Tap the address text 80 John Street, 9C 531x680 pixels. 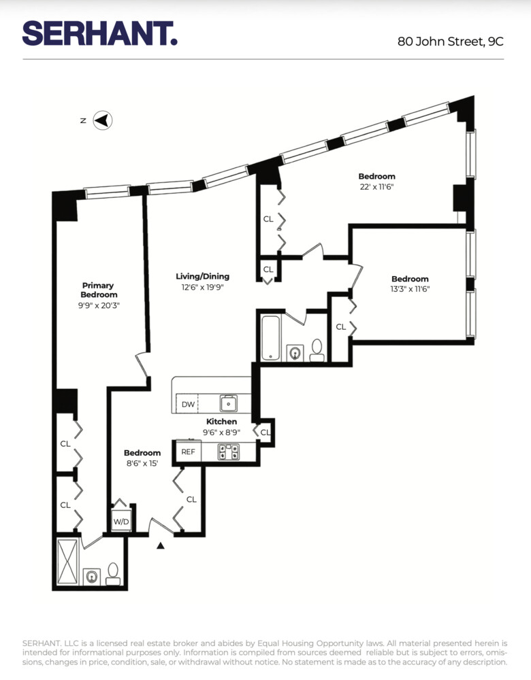click(451, 41)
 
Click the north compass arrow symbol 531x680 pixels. click(102, 120)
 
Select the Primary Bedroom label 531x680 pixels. click(98, 290)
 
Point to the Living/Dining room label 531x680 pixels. click(202, 276)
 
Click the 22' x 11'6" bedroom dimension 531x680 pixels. click(376, 186)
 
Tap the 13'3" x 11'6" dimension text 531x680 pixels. click(410, 288)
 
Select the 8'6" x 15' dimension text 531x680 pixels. click(142, 463)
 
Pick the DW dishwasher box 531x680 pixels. click(188, 405)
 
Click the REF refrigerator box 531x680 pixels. click(189, 451)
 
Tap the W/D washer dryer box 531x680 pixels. click(121, 522)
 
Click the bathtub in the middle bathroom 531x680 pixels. click(270, 338)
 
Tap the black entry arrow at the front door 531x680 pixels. click(161, 545)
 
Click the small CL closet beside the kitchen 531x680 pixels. click(265, 432)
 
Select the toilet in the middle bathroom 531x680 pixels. click(317, 350)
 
